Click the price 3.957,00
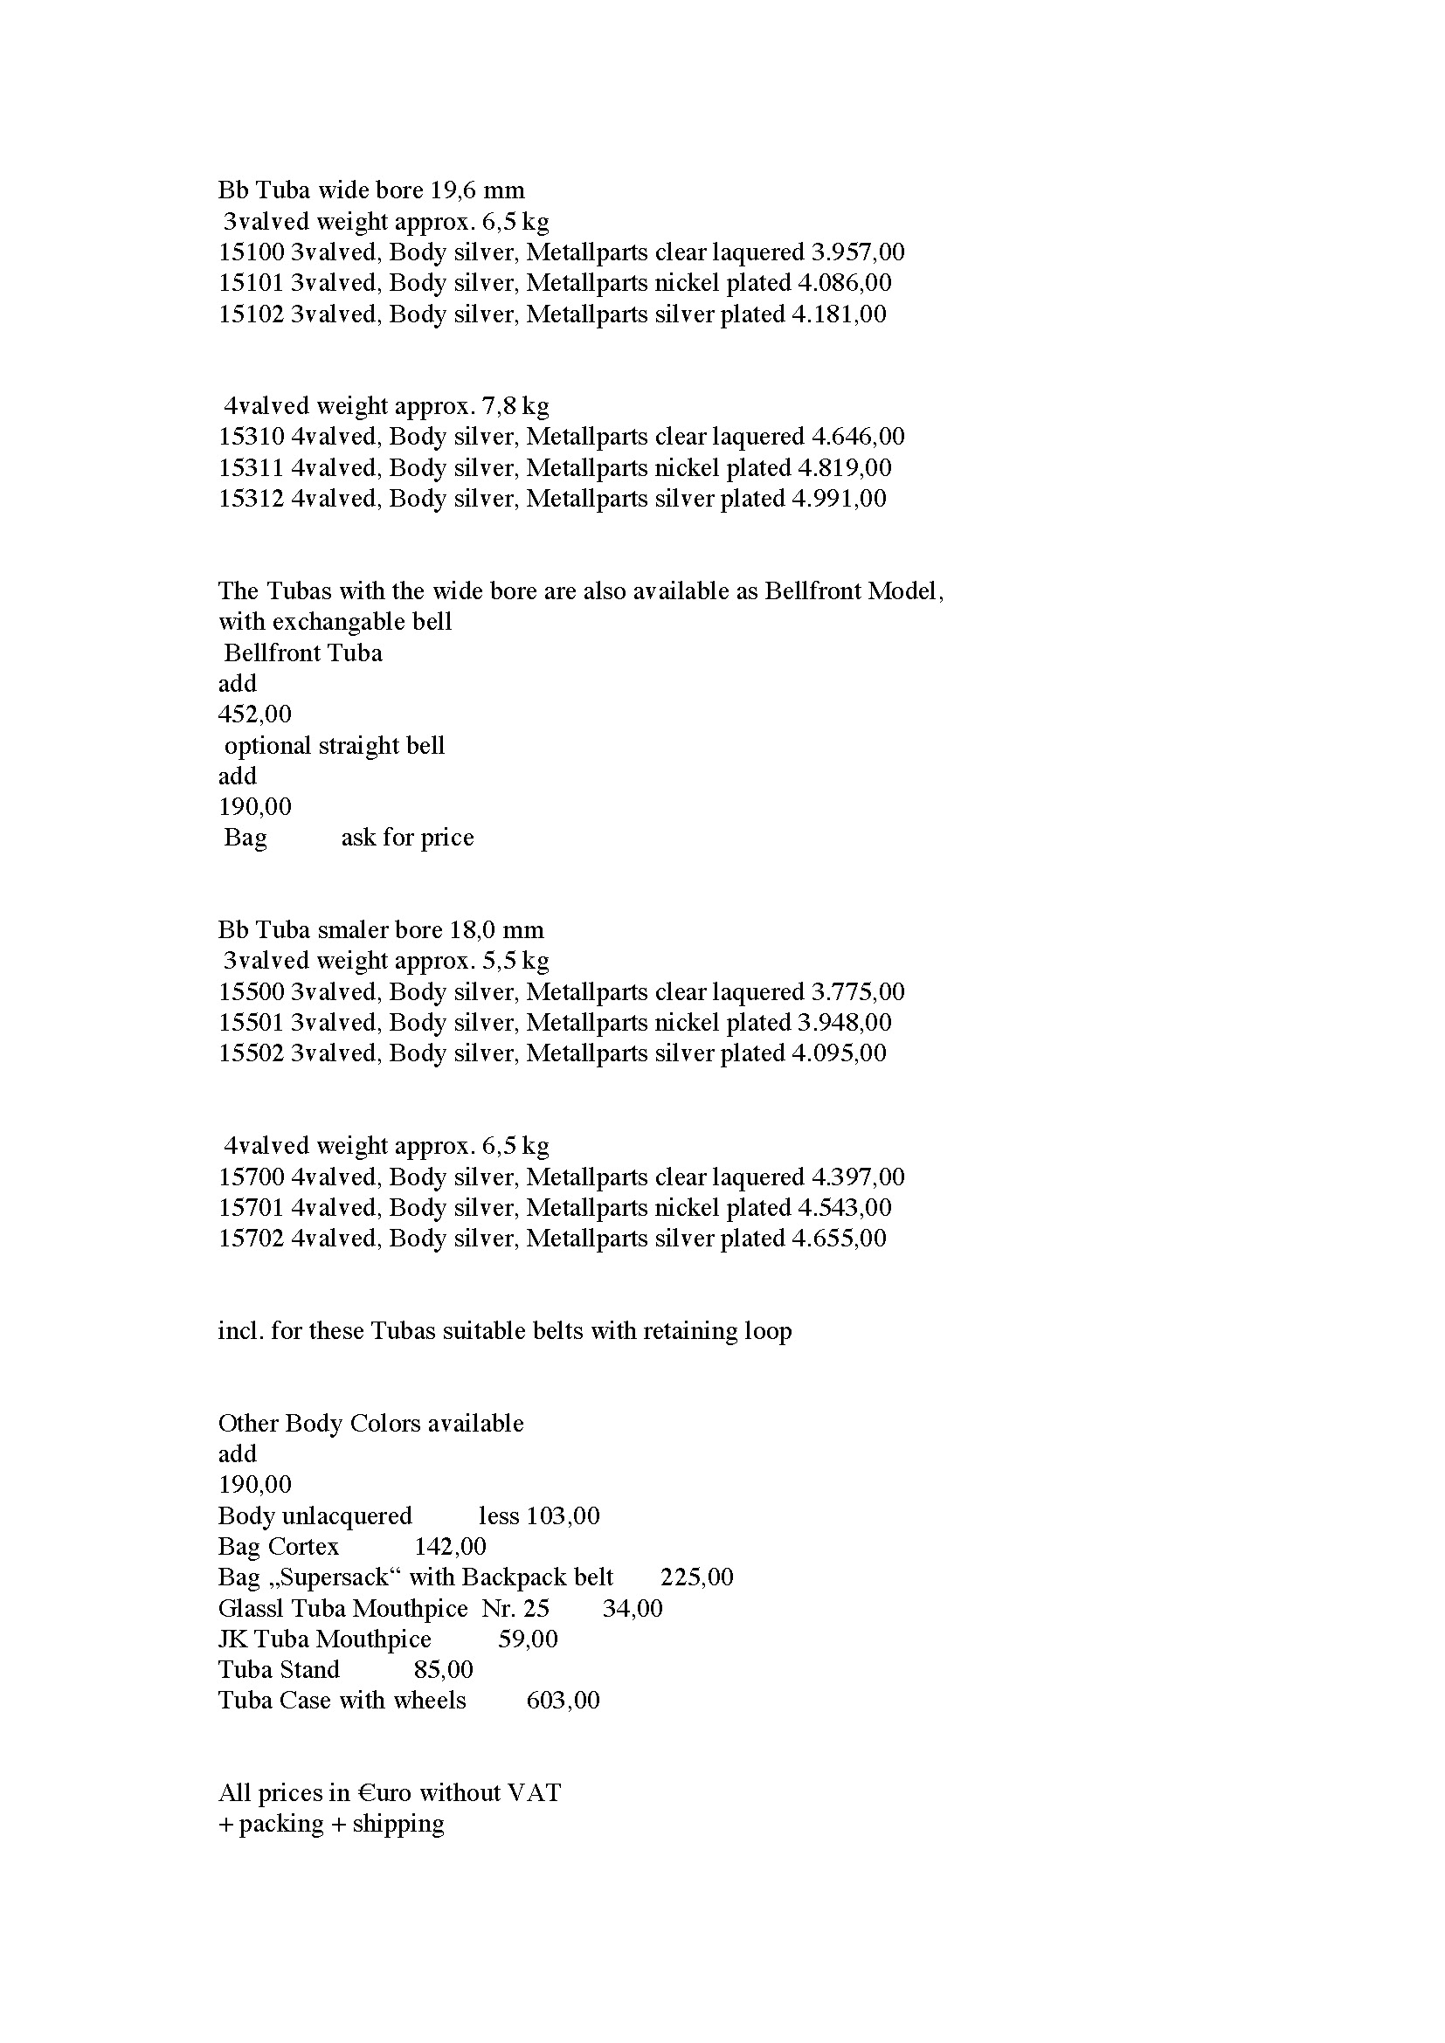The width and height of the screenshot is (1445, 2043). pos(857,252)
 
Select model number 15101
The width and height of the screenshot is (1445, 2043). pos(251,283)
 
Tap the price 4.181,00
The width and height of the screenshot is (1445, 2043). pos(838,314)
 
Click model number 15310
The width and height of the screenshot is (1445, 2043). pos(251,437)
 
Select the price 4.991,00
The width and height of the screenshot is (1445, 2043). pos(838,498)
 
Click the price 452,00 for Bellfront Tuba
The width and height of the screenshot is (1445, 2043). pos(254,714)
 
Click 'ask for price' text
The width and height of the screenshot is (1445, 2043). pos(407,838)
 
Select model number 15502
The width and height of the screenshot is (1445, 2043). pos(251,1053)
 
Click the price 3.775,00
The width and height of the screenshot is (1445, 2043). pos(857,992)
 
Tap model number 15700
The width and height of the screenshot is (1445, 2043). pos(251,1177)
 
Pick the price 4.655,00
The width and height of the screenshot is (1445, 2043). pos(838,1239)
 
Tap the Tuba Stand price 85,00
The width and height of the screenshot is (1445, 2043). pos(443,1670)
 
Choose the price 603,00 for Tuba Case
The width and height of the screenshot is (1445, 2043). pos(563,1701)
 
